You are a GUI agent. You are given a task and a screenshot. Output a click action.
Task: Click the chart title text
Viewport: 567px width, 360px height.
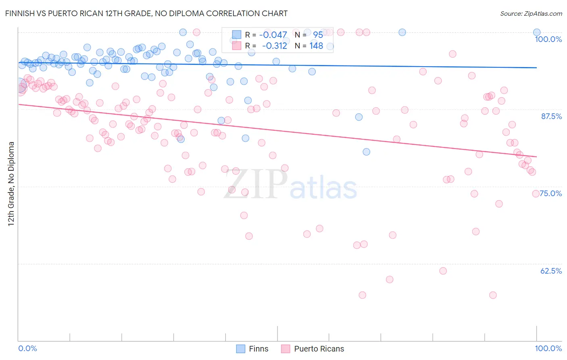pyautogui.click(x=146, y=13)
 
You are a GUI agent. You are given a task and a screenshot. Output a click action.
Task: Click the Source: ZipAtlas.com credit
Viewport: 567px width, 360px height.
pyautogui.click(x=531, y=13)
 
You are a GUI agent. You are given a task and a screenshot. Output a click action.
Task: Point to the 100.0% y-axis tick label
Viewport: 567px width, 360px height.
pyautogui.click(x=548, y=39)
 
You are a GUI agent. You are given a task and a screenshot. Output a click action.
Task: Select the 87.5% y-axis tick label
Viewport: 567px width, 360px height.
pyautogui.click(x=551, y=116)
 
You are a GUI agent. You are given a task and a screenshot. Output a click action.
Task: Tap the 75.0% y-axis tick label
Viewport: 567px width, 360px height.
pyautogui.click(x=551, y=193)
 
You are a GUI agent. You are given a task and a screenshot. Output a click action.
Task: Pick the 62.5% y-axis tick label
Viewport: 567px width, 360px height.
pyautogui.click(x=551, y=271)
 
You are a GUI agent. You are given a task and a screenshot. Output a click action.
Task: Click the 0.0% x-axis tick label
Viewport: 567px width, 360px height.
pyautogui.click(x=28, y=348)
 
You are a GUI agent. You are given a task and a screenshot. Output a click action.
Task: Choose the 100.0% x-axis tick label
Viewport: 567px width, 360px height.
pyautogui.click(x=548, y=348)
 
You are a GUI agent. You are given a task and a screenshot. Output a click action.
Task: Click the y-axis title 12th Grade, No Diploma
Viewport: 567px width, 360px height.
pyautogui.click(x=11, y=184)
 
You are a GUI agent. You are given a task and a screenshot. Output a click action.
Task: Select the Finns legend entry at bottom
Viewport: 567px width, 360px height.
pyautogui.click(x=252, y=349)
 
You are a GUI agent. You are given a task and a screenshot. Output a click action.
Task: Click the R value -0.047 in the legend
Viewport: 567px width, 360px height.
pyautogui.click(x=273, y=35)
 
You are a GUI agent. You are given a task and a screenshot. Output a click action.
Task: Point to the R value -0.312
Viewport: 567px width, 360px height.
pyautogui.click(x=274, y=46)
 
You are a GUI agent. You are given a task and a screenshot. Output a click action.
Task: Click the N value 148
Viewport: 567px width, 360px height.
pyautogui.click(x=316, y=46)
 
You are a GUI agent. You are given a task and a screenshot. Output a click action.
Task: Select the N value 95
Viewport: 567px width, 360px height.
pyautogui.click(x=318, y=35)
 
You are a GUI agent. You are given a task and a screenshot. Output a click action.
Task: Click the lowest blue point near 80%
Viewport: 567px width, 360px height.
pyautogui.click(x=366, y=152)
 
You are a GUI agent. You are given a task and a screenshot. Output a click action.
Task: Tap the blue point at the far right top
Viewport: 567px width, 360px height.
pyautogui.click(x=537, y=32)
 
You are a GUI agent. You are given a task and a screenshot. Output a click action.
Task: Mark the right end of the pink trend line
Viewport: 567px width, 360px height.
pyautogui.click(x=537, y=157)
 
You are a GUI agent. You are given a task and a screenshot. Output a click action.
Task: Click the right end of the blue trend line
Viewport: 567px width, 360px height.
pyautogui.click(x=537, y=68)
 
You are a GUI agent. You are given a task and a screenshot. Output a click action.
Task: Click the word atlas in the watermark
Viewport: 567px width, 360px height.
pyautogui.click(x=323, y=188)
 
